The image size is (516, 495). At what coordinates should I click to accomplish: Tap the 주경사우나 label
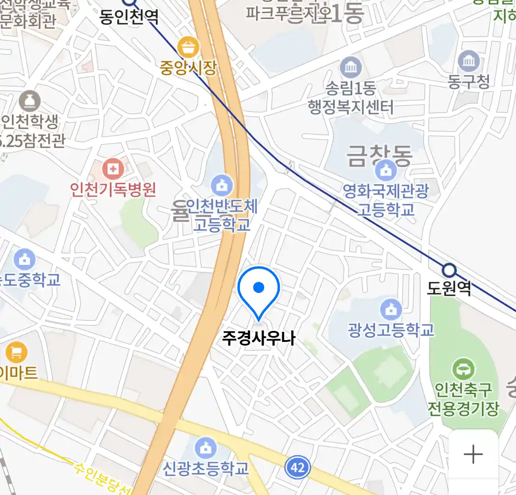tap(259, 338)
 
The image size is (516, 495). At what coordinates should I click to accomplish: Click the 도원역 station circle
tap(449, 270)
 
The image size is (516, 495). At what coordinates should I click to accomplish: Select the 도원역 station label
tap(449, 288)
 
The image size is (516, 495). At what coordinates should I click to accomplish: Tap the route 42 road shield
tap(297, 467)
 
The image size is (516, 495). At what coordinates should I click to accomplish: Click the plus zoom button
tap(473, 455)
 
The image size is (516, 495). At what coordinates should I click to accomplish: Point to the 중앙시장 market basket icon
tap(188, 48)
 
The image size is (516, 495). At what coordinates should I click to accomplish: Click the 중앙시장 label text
tap(188, 68)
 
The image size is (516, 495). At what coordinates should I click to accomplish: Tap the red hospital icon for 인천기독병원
tap(113, 169)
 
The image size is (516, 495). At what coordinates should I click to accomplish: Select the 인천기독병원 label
tap(113, 189)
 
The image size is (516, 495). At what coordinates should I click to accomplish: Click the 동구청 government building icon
tap(469, 61)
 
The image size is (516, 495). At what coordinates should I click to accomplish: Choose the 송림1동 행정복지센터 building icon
tap(351, 68)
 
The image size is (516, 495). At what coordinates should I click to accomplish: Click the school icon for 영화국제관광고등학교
tap(386, 171)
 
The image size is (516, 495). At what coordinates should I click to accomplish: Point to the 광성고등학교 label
tap(391, 330)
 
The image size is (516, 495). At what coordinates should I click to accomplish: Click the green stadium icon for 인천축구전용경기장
tap(463, 369)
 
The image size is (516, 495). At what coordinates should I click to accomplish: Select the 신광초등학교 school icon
tap(205, 448)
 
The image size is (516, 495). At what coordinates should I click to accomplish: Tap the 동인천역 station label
tap(129, 17)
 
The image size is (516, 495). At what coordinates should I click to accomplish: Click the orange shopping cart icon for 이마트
tap(17, 353)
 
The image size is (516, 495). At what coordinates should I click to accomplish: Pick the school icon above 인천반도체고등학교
tap(222, 186)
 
